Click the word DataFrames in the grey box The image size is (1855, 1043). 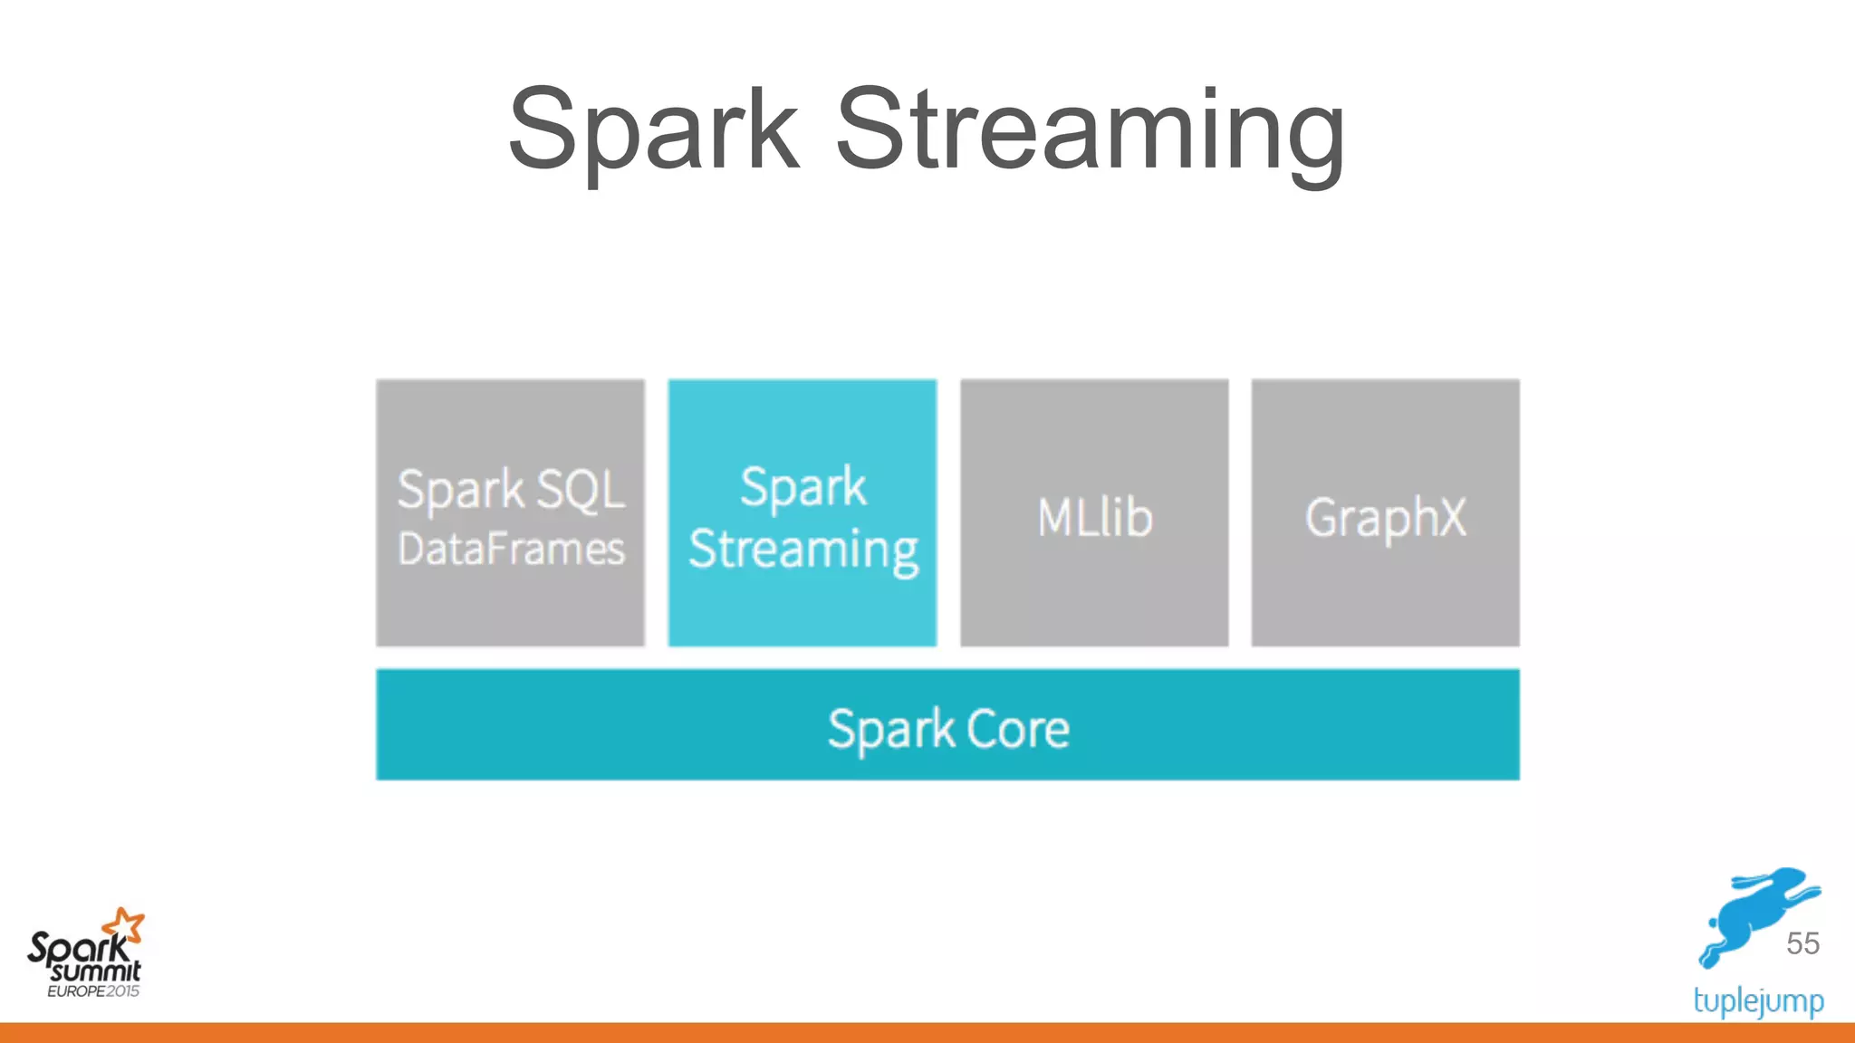click(x=512, y=550)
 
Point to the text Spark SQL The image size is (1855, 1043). click(x=512, y=490)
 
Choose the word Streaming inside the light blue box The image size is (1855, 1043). click(x=803, y=550)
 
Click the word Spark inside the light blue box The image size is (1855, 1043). click(x=803, y=487)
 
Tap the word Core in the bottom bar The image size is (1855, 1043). click(x=1018, y=728)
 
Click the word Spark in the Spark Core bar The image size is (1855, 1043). click(x=891, y=730)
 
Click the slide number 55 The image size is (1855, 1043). click(x=1802, y=943)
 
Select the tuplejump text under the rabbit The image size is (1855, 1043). click(x=1758, y=1000)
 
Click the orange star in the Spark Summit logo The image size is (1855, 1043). click(x=124, y=926)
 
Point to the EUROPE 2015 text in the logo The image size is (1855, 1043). click(x=93, y=991)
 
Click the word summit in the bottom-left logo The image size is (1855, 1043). click(x=96, y=971)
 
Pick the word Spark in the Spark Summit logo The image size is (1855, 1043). click(x=76, y=949)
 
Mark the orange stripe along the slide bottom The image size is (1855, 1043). click(x=927, y=1033)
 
